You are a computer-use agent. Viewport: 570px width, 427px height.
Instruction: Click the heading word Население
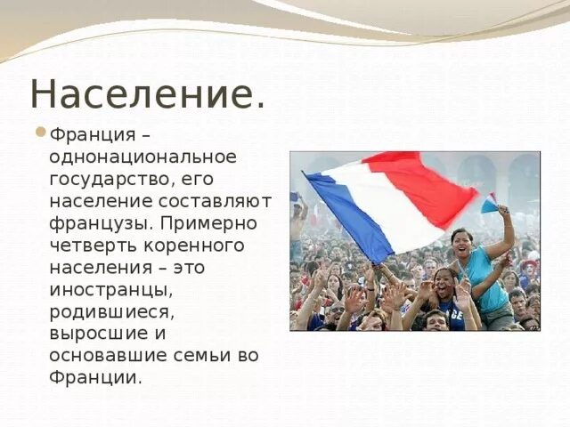(x=147, y=94)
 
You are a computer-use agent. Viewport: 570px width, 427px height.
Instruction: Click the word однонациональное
(x=143, y=157)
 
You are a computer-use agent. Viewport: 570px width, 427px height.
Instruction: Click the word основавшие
(x=108, y=355)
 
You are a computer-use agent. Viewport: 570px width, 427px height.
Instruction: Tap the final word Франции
(x=95, y=376)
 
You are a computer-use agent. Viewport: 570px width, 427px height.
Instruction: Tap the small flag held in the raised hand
(x=489, y=204)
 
